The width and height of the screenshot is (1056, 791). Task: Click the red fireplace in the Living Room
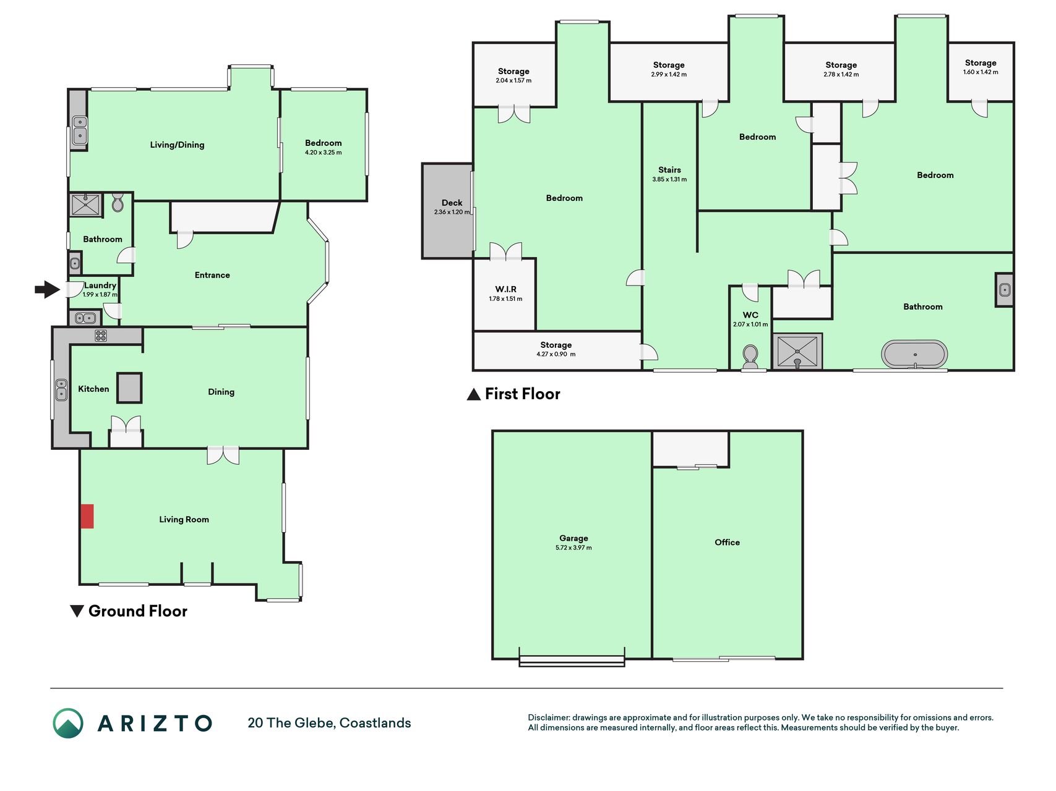[87, 516]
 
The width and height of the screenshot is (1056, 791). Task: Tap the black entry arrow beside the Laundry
[47, 289]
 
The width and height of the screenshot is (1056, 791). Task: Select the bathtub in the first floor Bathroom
[914, 355]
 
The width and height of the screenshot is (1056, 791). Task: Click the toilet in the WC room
[750, 357]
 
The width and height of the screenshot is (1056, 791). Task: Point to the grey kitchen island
[129, 388]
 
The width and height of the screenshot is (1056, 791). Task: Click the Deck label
[452, 203]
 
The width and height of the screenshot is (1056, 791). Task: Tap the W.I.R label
[505, 289]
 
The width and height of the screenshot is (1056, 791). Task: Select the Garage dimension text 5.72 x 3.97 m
[573, 548]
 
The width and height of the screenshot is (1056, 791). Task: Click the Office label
[727, 542]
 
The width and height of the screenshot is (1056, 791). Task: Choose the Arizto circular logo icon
[68, 723]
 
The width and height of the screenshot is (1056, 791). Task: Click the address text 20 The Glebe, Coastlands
[329, 723]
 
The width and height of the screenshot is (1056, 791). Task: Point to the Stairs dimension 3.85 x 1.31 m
[669, 179]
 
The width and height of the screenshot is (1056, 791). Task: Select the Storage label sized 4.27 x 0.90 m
[556, 345]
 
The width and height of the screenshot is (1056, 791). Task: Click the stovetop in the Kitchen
[101, 336]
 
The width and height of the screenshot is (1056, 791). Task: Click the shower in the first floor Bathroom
[797, 352]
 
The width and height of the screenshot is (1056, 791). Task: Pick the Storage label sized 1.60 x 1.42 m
[981, 62]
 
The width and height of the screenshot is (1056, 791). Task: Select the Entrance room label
[212, 275]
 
